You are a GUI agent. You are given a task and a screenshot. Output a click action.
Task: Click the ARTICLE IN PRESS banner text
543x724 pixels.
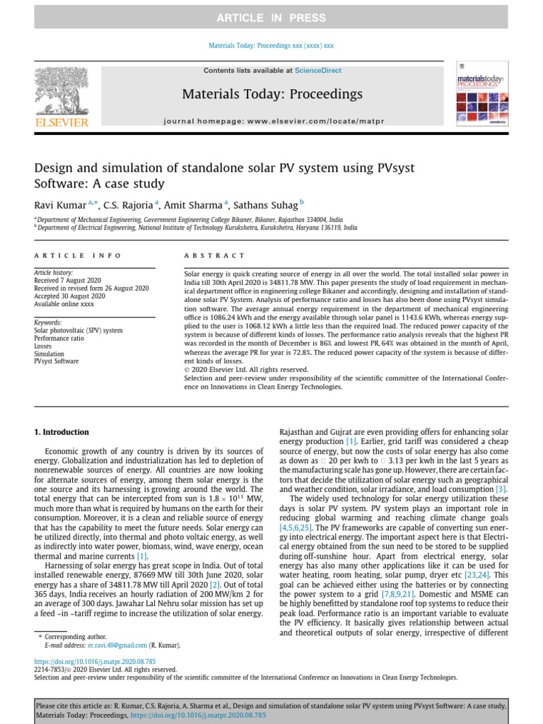point(271,18)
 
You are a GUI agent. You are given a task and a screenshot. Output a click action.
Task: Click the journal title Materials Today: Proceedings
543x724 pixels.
point(272,94)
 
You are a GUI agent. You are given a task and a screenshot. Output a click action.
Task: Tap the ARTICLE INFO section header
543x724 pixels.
point(78,255)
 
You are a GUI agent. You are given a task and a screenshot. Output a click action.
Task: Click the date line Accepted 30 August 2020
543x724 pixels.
point(69,296)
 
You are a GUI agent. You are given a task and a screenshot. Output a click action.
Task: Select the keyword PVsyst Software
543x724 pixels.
point(57,361)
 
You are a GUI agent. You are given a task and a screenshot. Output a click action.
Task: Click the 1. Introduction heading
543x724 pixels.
point(62,432)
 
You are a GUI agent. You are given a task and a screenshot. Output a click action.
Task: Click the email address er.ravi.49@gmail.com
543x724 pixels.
point(117,646)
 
